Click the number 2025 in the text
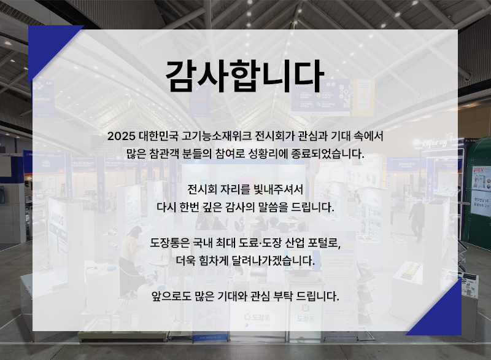(121, 136)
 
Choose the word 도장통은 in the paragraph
(170, 243)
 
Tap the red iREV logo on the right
(479, 170)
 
